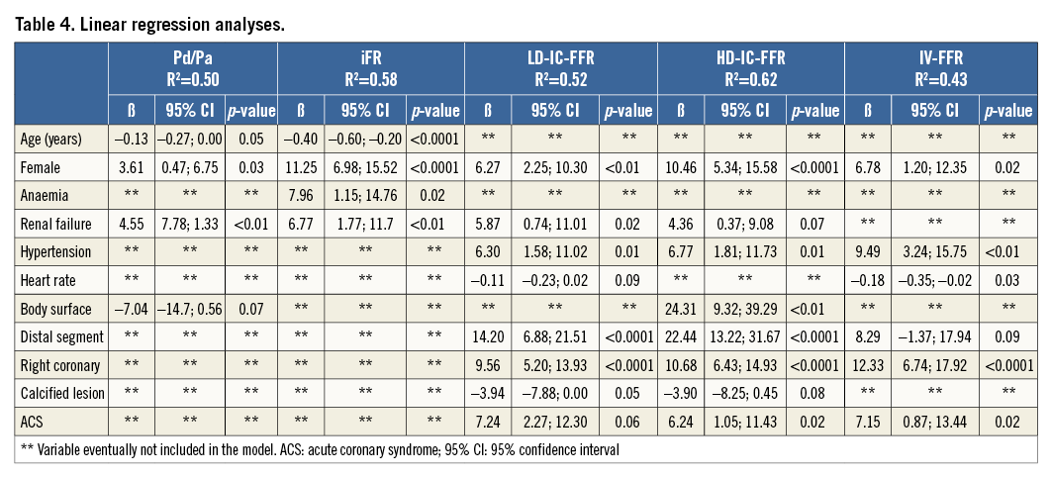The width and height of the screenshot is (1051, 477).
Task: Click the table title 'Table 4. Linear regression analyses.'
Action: (x=149, y=24)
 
